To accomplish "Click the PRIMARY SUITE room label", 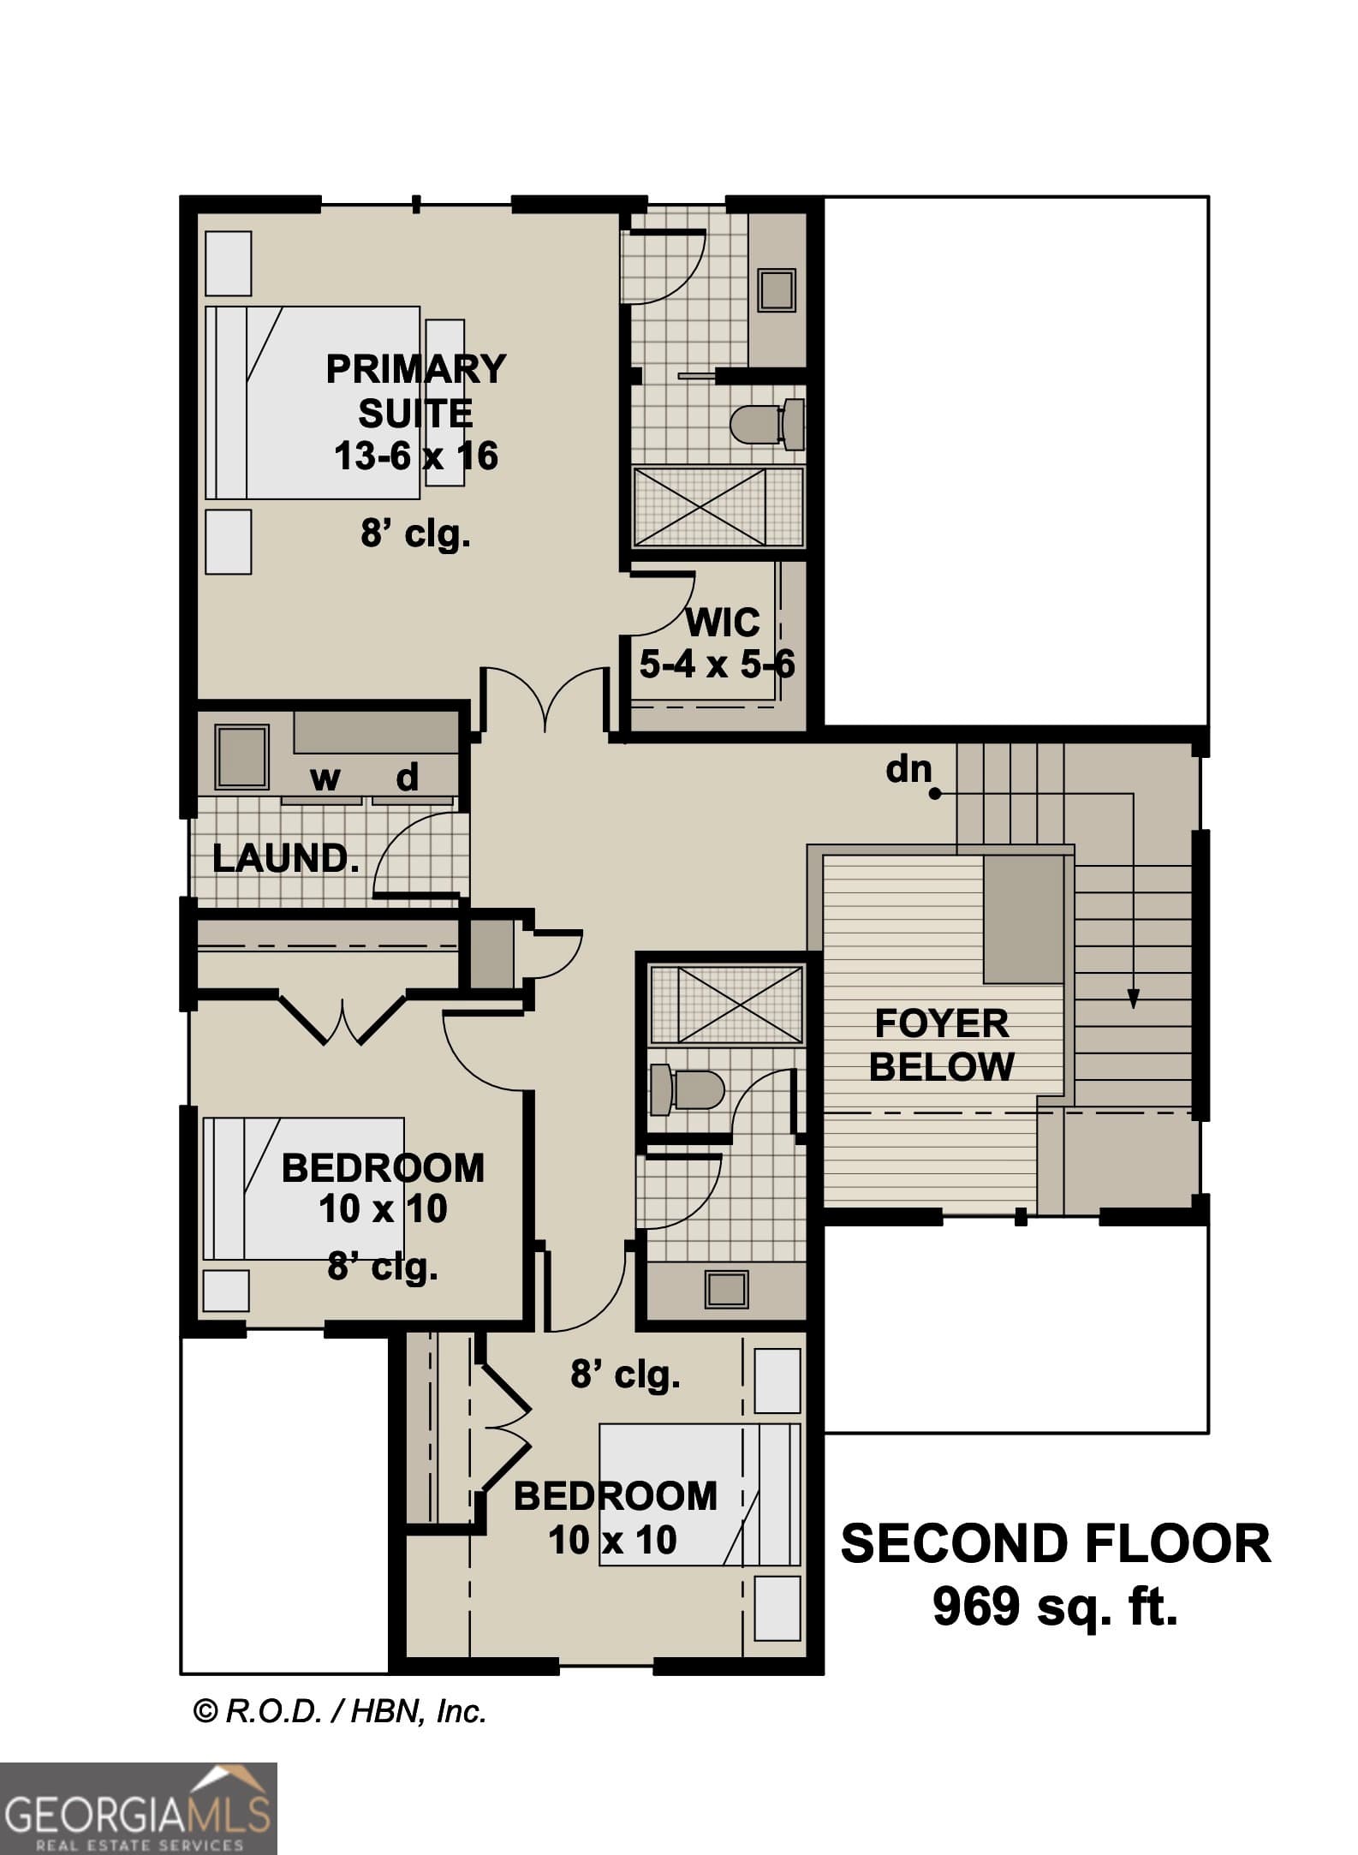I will click(415, 391).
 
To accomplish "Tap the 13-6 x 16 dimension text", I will click(415, 456).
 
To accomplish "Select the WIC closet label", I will click(722, 623).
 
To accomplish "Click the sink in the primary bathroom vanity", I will click(777, 290).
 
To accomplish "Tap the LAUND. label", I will click(284, 859).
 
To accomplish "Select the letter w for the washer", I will click(325, 778).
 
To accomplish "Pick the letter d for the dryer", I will click(408, 778).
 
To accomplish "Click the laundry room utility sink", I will click(241, 756).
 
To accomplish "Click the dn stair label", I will click(908, 769).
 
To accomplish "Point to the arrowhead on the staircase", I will click(1133, 999).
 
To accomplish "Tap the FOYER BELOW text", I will click(942, 1046).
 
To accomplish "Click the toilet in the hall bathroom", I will click(688, 1089).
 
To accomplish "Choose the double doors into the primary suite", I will click(545, 698).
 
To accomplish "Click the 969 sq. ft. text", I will click(1055, 1607).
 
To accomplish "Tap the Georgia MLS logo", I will click(138, 1808).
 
